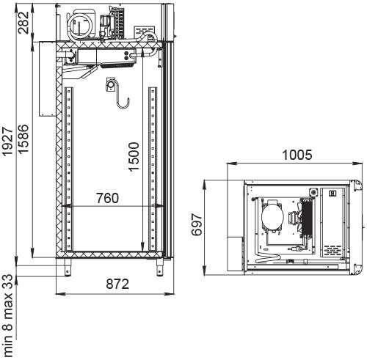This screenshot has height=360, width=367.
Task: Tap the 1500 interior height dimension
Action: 134,155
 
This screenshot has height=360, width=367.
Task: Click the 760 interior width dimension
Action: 109,198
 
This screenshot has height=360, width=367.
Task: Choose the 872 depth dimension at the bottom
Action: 109,283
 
